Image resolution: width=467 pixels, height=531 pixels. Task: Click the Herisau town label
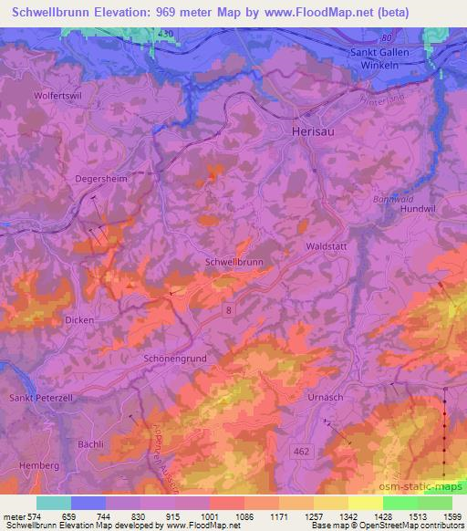296,131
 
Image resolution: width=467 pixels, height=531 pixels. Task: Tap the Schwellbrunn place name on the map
235,261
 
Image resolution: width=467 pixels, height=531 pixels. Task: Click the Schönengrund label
179,359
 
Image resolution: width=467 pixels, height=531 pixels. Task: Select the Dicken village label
79,320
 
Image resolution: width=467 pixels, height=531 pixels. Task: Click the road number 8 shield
228,310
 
